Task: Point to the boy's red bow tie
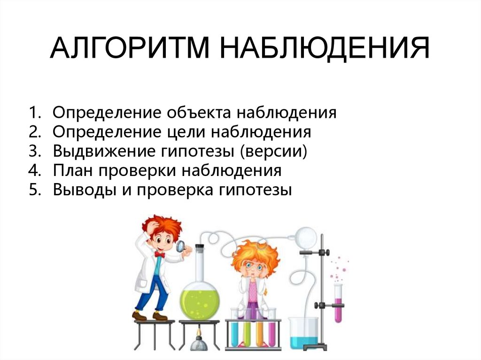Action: click(160, 254)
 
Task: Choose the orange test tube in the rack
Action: click(260, 329)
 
